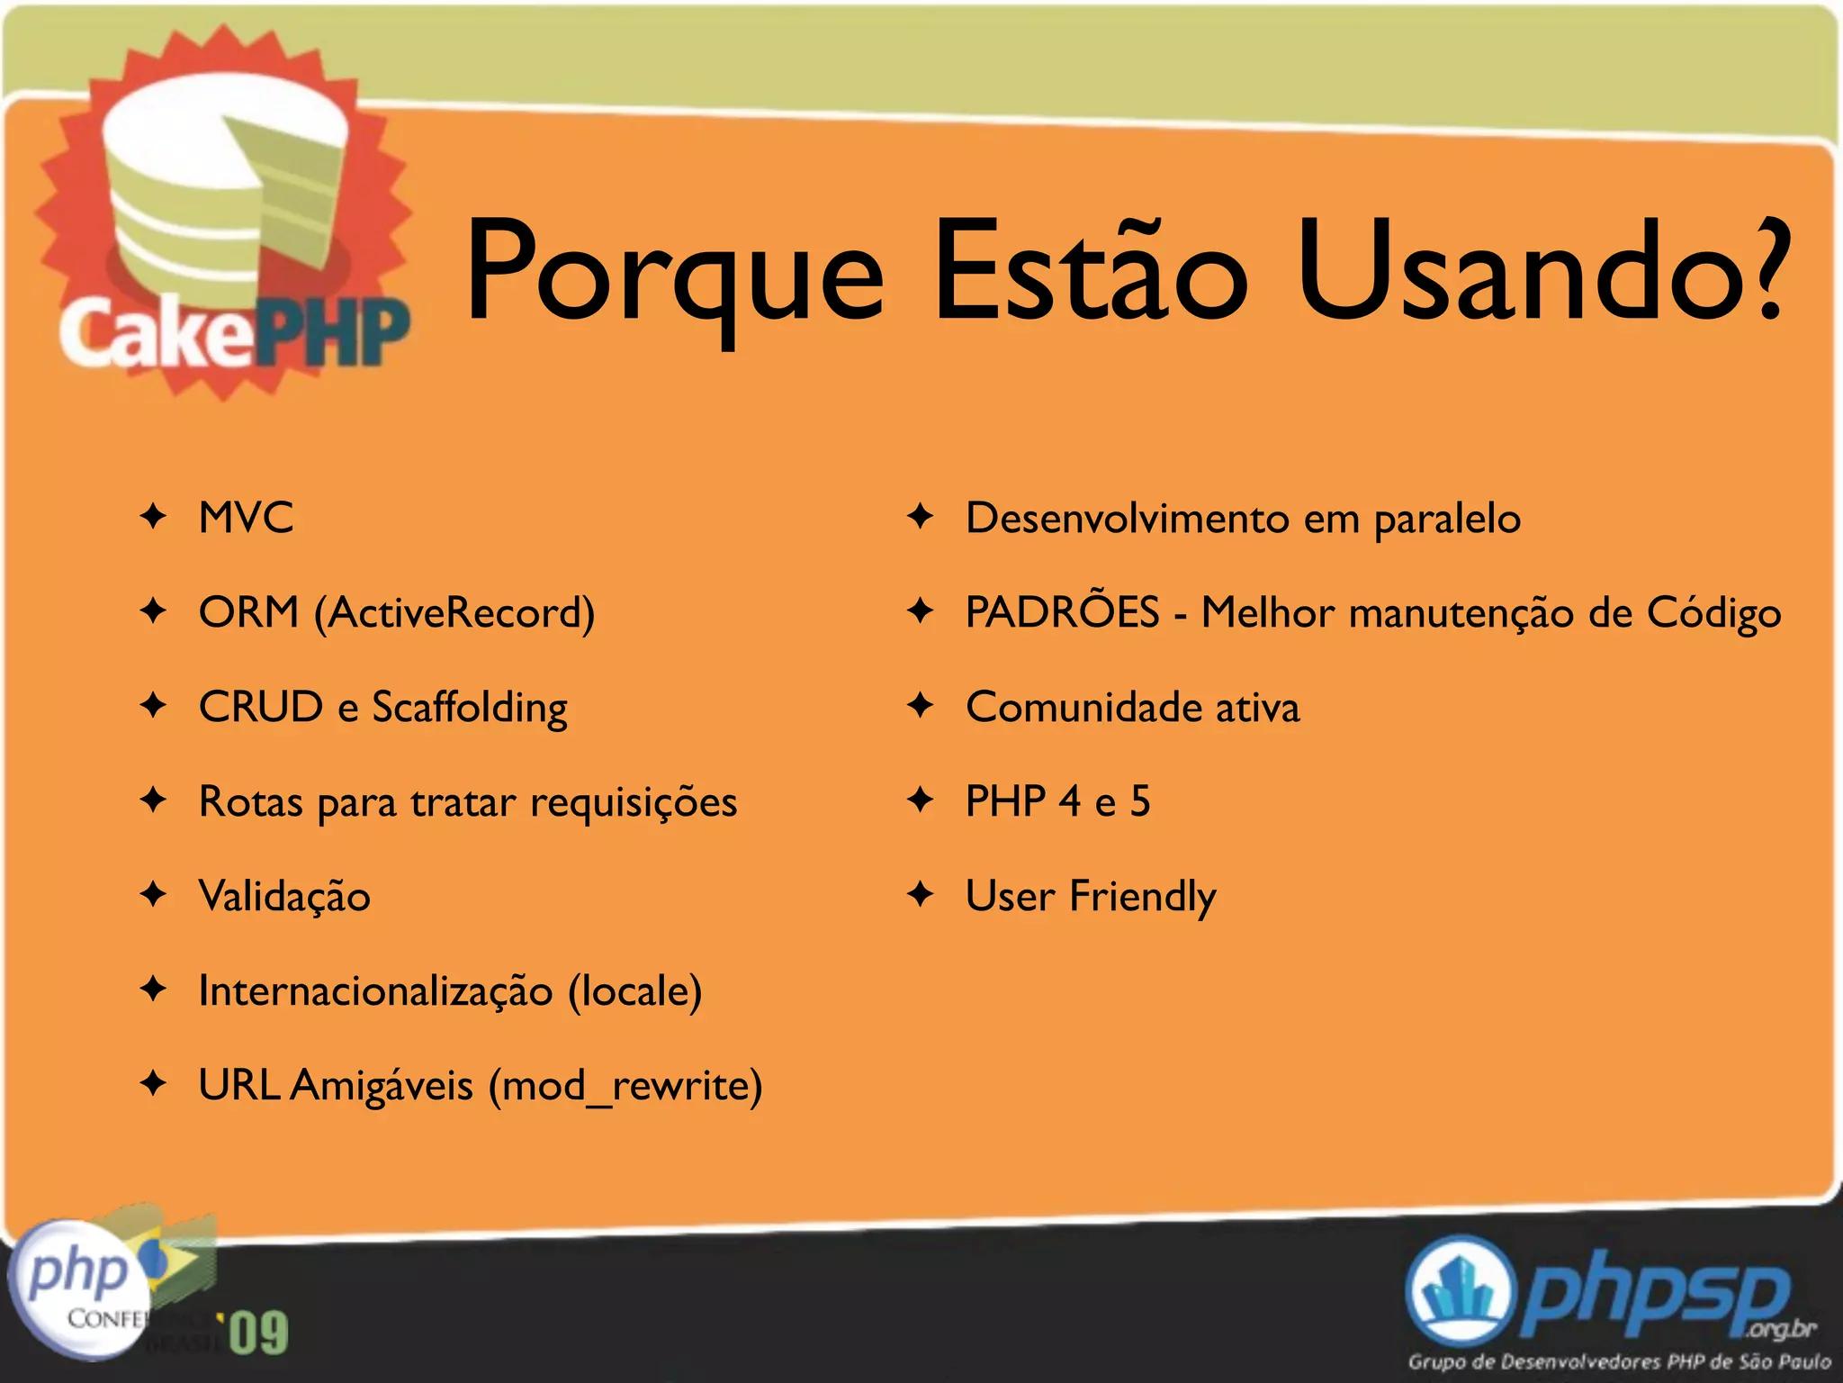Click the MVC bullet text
[x=246, y=518]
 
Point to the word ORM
[x=248, y=612]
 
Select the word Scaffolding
[x=470, y=708]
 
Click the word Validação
[x=284, y=897]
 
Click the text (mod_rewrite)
[x=625, y=1086]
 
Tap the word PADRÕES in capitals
[x=1062, y=612]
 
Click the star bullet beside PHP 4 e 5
[x=920, y=800]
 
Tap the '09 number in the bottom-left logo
[x=258, y=1333]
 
